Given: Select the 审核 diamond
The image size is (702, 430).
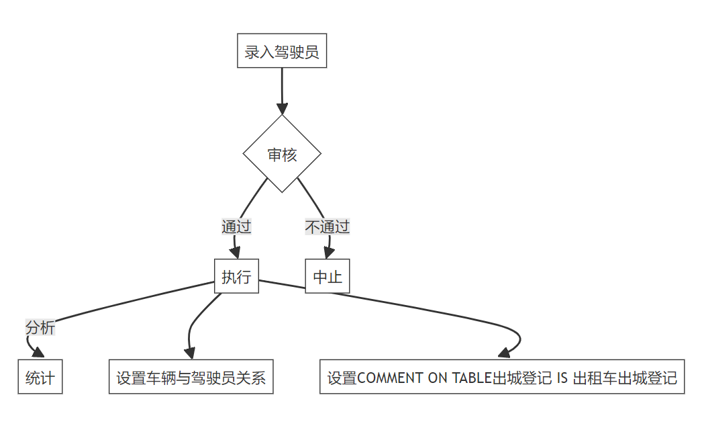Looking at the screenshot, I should coord(282,154).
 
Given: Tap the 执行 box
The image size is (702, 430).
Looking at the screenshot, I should coord(236,276).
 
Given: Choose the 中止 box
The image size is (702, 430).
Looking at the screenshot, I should coord(328,276).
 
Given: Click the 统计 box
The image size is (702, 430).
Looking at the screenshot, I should coord(40,377).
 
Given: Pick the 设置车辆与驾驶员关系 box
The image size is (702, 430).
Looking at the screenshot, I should coord(191,377).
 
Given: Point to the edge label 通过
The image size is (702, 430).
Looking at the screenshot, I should coord(236,226).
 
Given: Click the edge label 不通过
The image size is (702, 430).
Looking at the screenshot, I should coord(328,226).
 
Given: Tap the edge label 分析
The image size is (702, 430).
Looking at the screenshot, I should coord(40,328).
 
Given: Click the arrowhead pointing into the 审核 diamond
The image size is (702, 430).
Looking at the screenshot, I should coord(282,109).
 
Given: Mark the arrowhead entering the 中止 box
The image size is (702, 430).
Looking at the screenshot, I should coord(328,253).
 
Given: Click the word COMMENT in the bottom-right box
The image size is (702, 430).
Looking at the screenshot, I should coord(390,378).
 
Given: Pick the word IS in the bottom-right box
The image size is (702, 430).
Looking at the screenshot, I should coord(563,378).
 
